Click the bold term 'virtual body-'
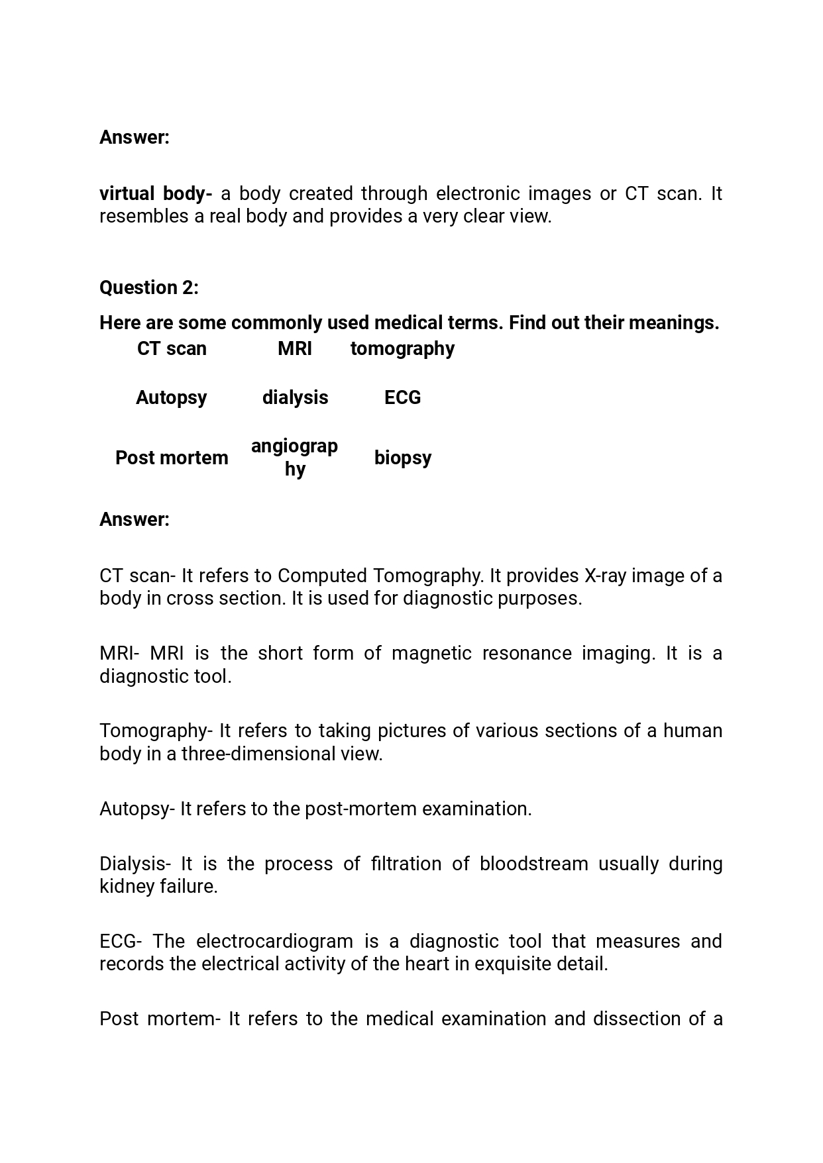(x=156, y=193)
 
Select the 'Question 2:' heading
(x=149, y=287)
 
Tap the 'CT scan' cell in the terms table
(x=172, y=348)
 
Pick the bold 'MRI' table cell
(x=295, y=348)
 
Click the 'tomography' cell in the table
(x=402, y=348)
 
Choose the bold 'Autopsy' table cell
(x=172, y=397)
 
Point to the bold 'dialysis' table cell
(x=295, y=397)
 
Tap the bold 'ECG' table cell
(x=402, y=397)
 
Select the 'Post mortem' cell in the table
(x=172, y=458)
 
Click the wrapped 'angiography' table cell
(x=295, y=457)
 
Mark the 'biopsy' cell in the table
(x=402, y=458)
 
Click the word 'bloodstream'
(x=533, y=864)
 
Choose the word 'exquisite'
(x=514, y=964)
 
